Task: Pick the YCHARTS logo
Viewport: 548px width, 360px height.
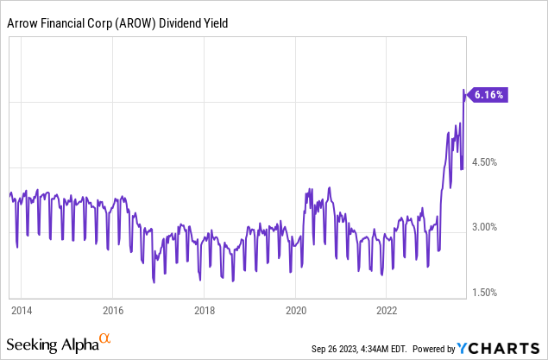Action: pyautogui.click(x=500, y=349)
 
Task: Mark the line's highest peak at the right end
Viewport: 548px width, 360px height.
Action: pyautogui.click(x=464, y=89)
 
